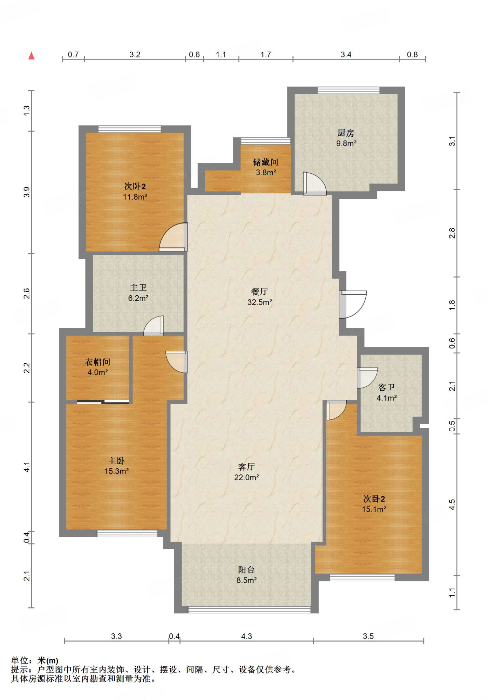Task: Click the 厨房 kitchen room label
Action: point(346,133)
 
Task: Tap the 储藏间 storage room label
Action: point(266,162)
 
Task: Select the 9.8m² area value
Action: point(346,143)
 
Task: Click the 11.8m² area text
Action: point(135,197)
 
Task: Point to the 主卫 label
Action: point(138,288)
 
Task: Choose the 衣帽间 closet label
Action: point(97,362)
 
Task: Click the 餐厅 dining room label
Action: point(259,292)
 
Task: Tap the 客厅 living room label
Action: point(246,467)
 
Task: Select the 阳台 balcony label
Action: point(246,569)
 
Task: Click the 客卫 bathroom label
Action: point(387,387)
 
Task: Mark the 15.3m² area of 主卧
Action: point(117,471)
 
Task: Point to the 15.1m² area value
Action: point(374,509)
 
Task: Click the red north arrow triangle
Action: point(31,55)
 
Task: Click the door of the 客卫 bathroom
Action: point(367,378)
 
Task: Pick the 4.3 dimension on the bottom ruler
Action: point(246,636)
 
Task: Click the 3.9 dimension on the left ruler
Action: point(27,192)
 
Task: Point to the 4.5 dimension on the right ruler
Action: point(452,504)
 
